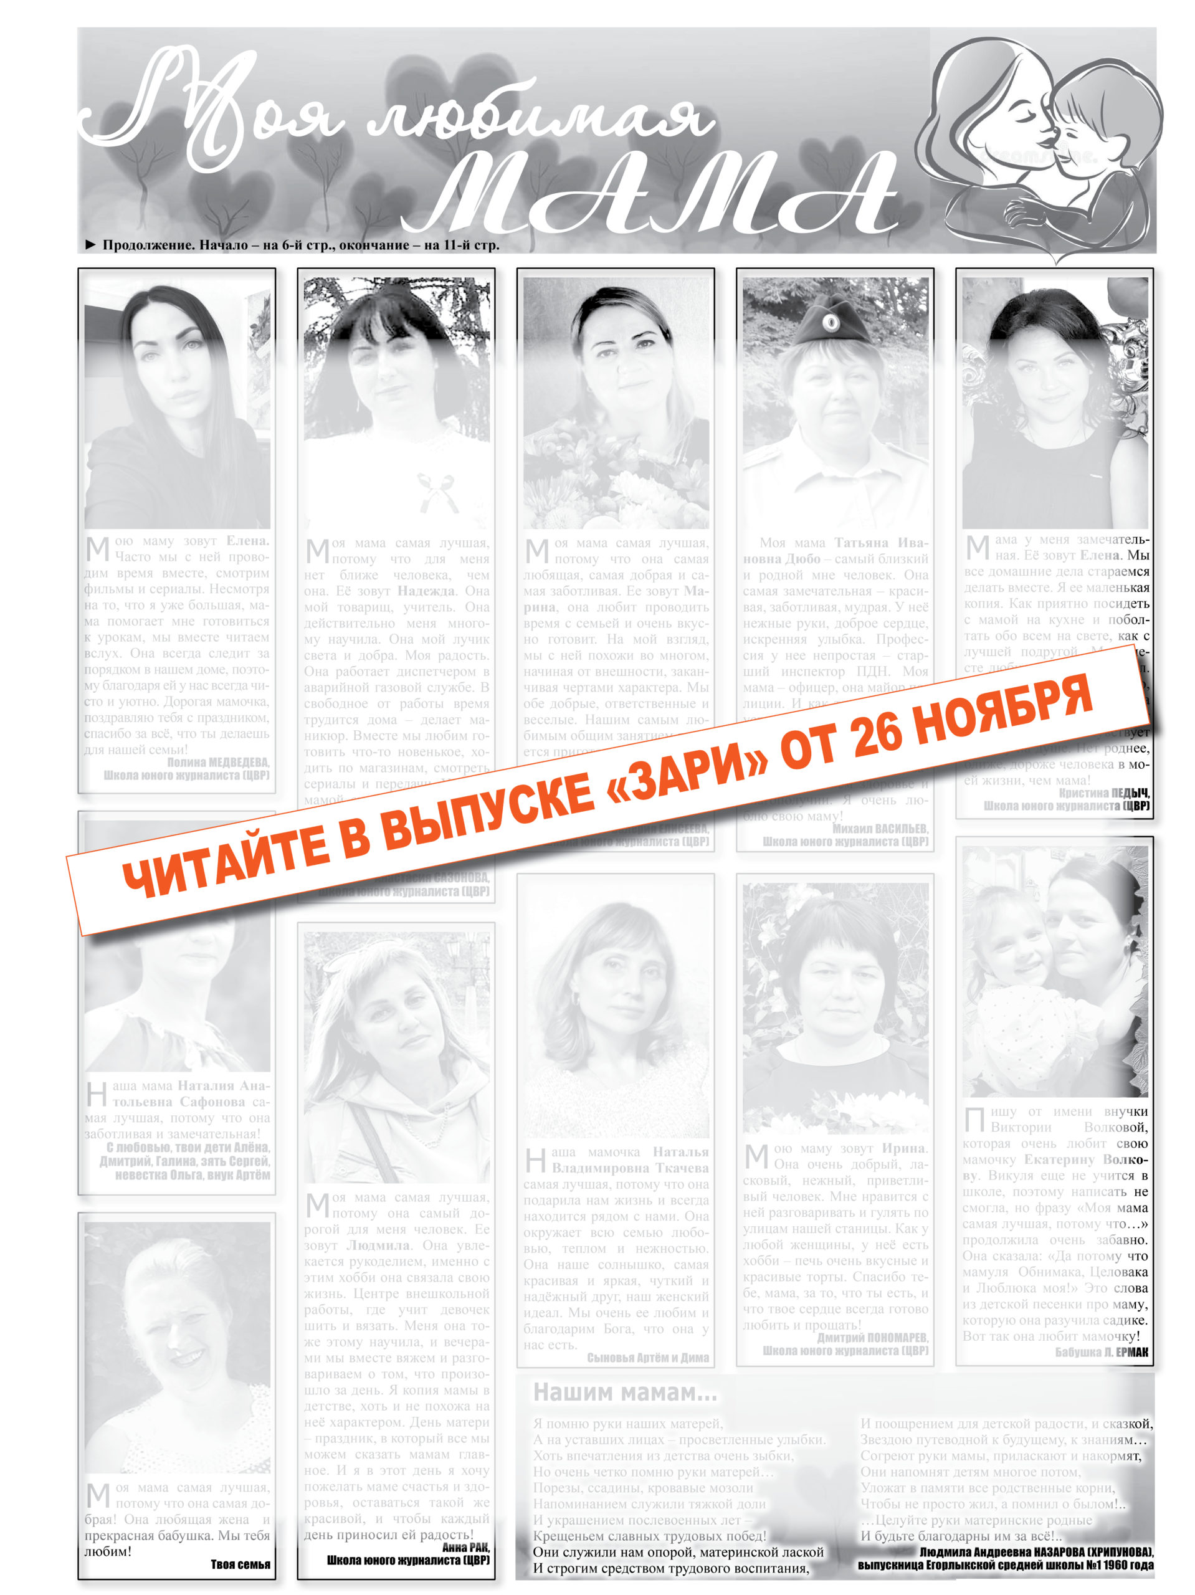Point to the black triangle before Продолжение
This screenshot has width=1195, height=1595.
tap(90, 245)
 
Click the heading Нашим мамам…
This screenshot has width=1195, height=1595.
tap(624, 1393)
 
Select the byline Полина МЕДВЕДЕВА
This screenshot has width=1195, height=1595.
tap(218, 762)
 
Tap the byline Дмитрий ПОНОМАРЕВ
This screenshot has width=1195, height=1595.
tap(873, 1338)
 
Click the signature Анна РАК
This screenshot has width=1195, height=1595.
tap(466, 1546)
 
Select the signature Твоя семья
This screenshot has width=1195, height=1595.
tap(240, 1564)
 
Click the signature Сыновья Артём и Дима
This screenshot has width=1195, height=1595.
tap(647, 1358)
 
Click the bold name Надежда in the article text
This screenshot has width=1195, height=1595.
tap(426, 591)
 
